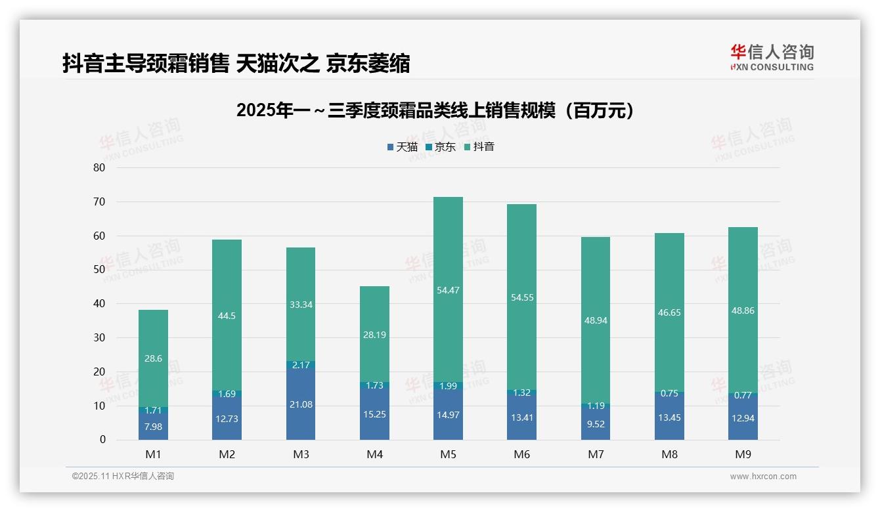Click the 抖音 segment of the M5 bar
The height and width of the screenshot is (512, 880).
tap(448, 289)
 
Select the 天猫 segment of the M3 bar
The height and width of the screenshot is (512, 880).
tap(301, 404)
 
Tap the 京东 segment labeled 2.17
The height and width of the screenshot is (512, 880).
tap(301, 365)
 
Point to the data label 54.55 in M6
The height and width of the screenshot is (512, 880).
tap(521, 297)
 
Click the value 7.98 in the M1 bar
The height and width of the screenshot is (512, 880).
tap(153, 427)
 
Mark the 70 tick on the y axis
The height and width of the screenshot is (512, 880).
tap(99, 202)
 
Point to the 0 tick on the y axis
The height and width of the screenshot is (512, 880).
tap(102, 440)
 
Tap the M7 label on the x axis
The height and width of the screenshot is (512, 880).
tap(596, 454)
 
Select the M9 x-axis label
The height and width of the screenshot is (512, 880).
tap(743, 454)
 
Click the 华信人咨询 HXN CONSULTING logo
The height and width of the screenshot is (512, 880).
tap(772, 58)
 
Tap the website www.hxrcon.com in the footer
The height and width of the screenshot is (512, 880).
tap(763, 477)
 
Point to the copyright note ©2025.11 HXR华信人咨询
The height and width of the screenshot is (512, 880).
tap(123, 477)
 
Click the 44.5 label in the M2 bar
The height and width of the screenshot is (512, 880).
tap(227, 316)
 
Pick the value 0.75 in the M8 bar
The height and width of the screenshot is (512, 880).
tap(669, 393)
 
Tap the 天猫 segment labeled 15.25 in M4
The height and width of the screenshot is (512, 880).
tap(374, 416)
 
